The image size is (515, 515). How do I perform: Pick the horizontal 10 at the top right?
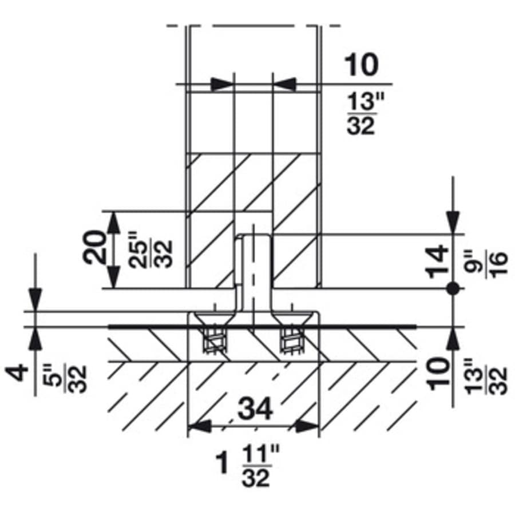click(360, 65)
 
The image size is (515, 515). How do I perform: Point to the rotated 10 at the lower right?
click(438, 374)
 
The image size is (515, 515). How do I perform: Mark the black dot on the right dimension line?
click(453, 289)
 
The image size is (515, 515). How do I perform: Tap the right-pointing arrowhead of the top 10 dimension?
click(223, 84)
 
